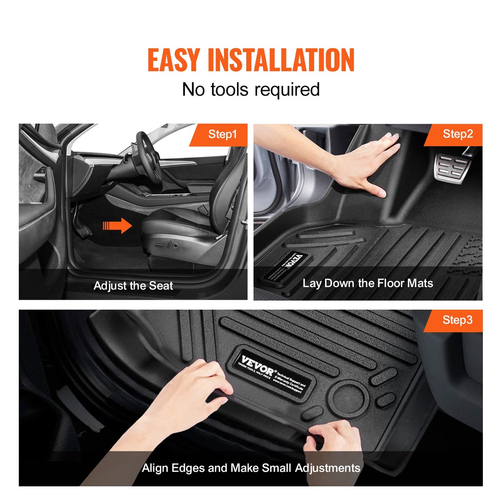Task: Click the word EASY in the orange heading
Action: coord(173,60)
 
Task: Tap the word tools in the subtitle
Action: coord(229,90)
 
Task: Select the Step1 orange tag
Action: coord(222,134)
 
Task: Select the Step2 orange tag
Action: coord(457,134)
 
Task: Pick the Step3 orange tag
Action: coord(457,320)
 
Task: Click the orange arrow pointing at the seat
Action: coord(117,226)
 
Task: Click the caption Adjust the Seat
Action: coord(133,286)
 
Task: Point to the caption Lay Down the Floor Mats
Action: coord(368,283)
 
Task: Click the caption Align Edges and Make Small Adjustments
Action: coord(251,468)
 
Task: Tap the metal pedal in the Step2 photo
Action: coord(452,168)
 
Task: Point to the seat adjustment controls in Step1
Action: coord(167,245)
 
